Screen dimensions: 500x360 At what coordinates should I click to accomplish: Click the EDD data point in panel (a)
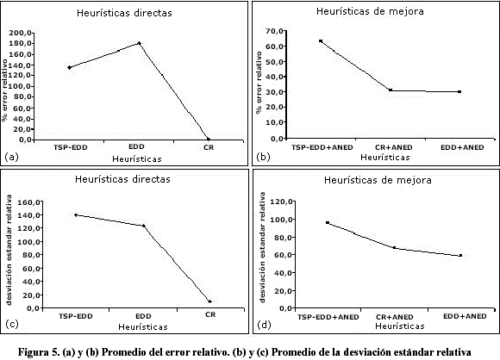point(140,43)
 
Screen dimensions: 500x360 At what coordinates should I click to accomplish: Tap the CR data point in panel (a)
point(209,140)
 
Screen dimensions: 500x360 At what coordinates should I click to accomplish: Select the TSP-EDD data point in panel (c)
point(76,215)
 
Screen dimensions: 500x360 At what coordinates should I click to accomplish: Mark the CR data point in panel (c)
point(209,301)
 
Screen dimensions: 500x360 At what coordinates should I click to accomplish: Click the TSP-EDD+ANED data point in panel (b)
point(321,41)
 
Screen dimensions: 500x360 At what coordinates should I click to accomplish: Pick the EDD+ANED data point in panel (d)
point(460,256)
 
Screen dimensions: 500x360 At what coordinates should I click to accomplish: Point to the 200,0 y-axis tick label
point(21,33)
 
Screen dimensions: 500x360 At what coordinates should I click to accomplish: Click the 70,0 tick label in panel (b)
point(274,31)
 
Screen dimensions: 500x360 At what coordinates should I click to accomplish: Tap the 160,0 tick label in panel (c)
point(28,202)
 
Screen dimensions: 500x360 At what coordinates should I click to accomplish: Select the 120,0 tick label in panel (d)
point(281,202)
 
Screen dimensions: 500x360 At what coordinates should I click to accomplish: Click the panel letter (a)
point(12,157)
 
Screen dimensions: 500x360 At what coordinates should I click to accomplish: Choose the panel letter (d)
point(264,325)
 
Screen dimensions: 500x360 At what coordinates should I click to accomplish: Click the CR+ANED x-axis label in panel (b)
point(393,147)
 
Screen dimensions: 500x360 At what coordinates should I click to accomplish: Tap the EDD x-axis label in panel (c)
point(143,316)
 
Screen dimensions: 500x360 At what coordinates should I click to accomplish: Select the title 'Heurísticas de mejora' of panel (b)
point(370,11)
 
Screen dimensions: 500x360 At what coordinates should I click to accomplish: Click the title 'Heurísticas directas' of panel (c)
point(122,179)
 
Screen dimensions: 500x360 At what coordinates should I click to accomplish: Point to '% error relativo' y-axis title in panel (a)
point(4,90)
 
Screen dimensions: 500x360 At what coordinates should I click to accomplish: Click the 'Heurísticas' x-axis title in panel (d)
point(400,326)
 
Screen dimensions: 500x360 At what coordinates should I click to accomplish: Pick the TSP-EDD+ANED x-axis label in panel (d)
point(328,317)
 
